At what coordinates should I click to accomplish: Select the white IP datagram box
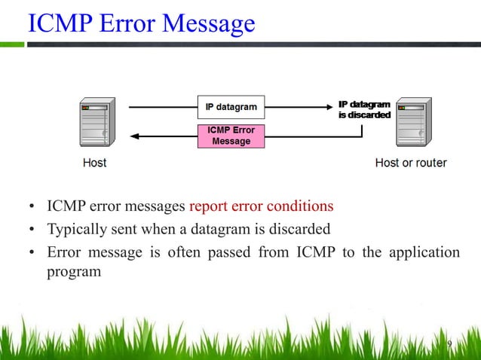(231, 107)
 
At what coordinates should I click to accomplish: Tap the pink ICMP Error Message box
(231, 136)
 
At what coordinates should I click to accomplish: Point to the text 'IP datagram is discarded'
(364, 109)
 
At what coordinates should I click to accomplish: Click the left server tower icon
(95, 121)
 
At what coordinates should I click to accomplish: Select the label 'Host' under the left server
(94, 163)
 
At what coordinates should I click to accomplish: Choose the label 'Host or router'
(411, 163)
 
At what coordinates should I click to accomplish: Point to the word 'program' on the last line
(74, 271)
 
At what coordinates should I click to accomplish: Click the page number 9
(449, 345)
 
